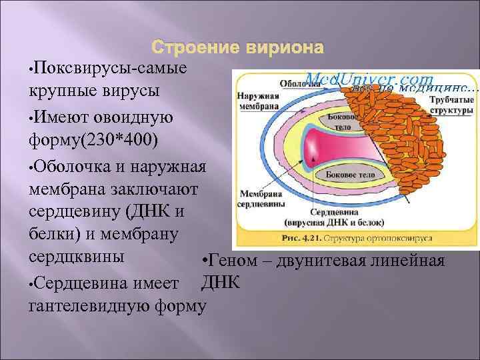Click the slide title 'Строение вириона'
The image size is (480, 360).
coord(238,49)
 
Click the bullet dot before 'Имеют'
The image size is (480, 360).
coord(31,119)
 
